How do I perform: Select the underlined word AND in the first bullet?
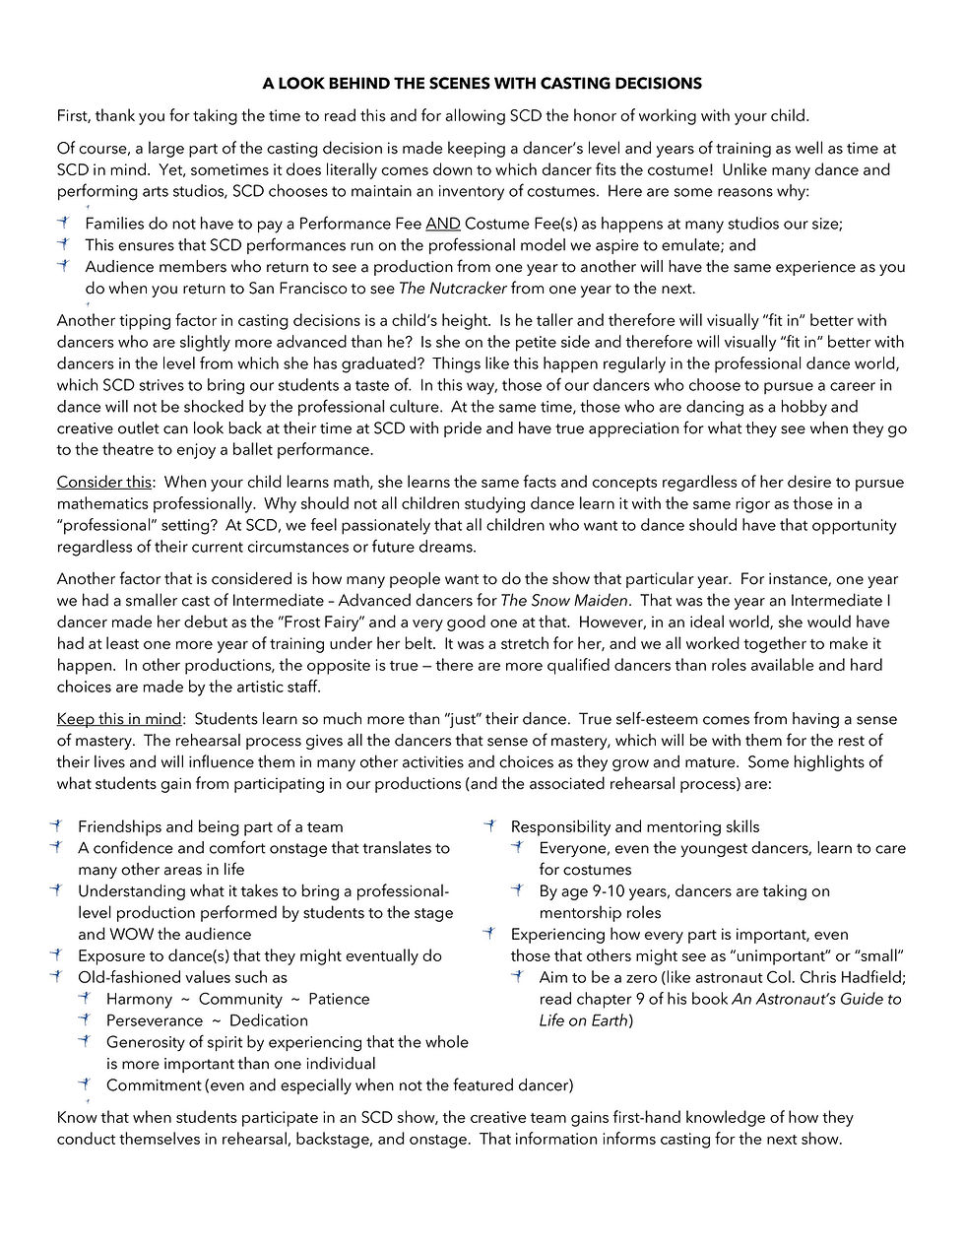(442, 225)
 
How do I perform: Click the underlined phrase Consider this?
(104, 483)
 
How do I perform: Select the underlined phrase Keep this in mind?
(119, 719)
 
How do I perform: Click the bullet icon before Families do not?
(63, 224)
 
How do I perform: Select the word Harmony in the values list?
(139, 1000)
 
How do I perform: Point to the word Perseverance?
(155, 1021)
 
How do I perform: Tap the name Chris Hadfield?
(855, 978)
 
